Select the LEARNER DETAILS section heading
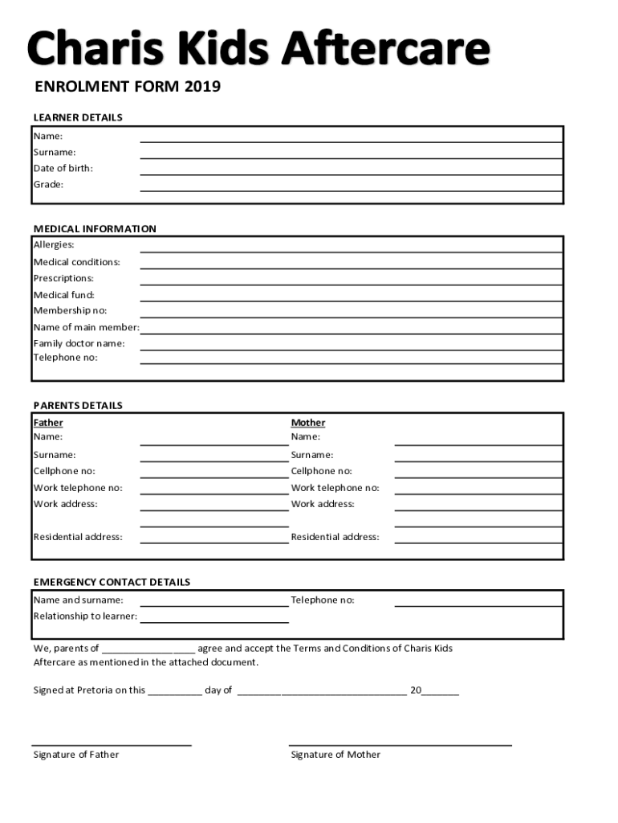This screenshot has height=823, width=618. click(x=78, y=117)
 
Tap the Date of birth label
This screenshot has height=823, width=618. click(x=63, y=168)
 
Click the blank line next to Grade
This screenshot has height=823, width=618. click(x=351, y=190)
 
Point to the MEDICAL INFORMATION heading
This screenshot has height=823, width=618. click(x=95, y=229)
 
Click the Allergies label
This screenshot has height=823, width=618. click(x=54, y=244)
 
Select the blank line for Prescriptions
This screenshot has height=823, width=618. click(x=351, y=284)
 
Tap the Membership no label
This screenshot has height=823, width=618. click(x=70, y=310)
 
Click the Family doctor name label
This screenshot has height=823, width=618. click(x=79, y=343)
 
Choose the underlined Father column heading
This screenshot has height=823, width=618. click(x=48, y=423)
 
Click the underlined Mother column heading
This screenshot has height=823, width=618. click(x=308, y=423)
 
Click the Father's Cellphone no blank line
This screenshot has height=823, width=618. click(x=214, y=477)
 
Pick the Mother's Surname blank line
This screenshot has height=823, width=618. click(x=478, y=461)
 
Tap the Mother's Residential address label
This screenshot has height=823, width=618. click(x=335, y=537)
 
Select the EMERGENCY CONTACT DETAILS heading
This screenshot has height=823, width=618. click(x=112, y=582)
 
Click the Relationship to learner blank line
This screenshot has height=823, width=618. click(x=214, y=621)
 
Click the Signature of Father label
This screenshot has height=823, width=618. click(x=75, y=755)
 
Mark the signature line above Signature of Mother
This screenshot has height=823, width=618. click(x=400, y=745)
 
